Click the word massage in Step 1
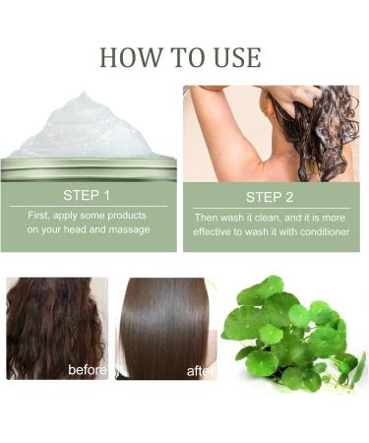click(x=130, y=229)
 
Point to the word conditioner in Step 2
click(x=318, y=232)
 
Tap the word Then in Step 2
click(x=211, y=217)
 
